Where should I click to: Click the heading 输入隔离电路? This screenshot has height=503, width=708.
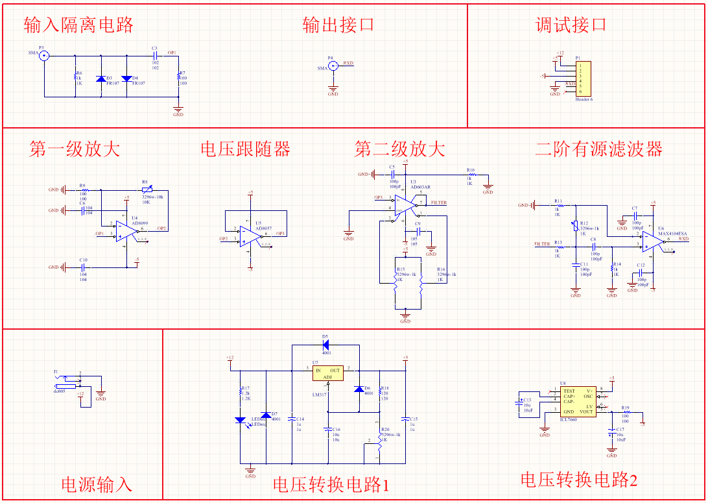78,25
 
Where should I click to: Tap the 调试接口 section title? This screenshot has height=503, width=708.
571,25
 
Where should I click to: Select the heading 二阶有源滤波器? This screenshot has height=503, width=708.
598,149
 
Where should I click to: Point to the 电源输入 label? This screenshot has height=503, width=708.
97,484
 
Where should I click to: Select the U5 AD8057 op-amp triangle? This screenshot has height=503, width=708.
248,236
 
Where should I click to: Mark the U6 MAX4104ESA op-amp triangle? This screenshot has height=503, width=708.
651,243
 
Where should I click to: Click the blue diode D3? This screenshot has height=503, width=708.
101,79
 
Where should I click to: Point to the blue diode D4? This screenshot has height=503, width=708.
126,79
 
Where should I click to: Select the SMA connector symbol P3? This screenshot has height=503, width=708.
44,56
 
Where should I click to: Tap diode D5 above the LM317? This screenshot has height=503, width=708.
325,345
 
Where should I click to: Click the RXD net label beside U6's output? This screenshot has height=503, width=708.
683,239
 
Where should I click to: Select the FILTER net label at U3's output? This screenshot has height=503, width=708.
439,203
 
